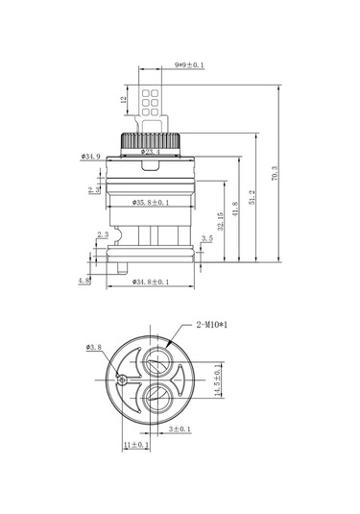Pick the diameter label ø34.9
click(93, 156)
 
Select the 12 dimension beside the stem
click(124, 99)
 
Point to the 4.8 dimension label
click(84, 281)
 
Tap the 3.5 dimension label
click(207, 238)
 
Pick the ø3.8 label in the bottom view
click(93, 347)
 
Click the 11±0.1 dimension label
click(135, 445)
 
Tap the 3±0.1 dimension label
click(179, 430)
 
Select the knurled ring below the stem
click(153, 140)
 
